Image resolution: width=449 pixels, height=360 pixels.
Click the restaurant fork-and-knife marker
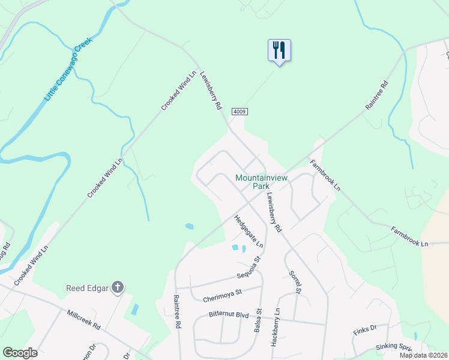click(279, 50)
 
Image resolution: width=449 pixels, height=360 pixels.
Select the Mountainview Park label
click(262, 182)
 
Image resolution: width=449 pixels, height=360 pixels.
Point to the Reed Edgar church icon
click(117, 288)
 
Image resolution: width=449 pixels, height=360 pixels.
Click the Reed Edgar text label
click(87, 289)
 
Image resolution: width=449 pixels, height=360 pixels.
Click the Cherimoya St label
click(221, 293)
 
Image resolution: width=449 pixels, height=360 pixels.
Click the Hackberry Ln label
click(276, 326)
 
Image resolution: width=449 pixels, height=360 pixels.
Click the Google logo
click(20, 352)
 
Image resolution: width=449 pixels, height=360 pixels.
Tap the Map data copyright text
click(423, 355)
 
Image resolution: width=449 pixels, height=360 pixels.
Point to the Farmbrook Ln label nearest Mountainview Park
click(325, 175)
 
